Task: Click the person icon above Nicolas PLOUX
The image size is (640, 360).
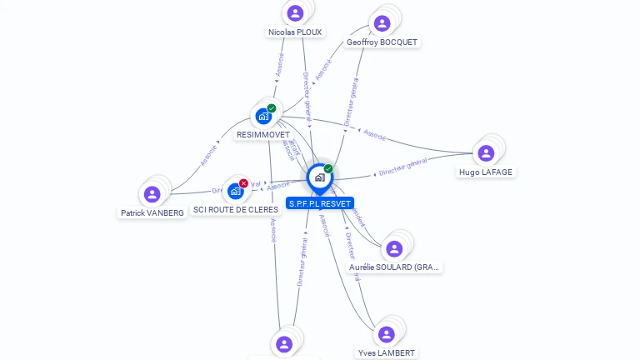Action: [x=295, y=12]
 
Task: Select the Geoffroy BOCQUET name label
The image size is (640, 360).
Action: [x=382, y=42]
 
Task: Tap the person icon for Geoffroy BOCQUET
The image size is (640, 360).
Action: [x=382, y=22]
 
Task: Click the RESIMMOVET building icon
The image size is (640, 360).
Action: [x=263, y=116]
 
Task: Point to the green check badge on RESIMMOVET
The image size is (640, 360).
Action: [x=272, y=108]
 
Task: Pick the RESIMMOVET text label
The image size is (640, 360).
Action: [x=263, y=134]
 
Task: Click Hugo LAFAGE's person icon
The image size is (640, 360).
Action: [x=486, y=152]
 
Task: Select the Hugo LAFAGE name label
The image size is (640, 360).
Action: [x=486, y=172]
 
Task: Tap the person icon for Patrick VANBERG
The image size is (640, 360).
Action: [x=152, y=194]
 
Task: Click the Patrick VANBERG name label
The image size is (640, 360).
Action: [x=152, y=212]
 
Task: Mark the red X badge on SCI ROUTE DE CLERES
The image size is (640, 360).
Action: [x=243, y=183]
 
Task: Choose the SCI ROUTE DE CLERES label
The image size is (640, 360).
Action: [x=237, y=209]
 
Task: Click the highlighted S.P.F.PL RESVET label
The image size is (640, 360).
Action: [x=320, y=202]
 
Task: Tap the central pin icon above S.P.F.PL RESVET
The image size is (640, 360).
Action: [x=319, y=177]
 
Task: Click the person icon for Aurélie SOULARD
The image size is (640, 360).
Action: [x=394, y=248]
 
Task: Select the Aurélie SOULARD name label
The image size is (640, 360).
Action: [x=395, y=267]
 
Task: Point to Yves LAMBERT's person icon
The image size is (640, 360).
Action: [x=386, y=334]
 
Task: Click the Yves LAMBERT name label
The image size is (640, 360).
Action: [x=386, y=352]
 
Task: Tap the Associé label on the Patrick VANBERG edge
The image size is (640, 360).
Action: [x=208, y=154]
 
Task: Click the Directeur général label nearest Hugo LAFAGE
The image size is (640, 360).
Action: [x=402, y=167]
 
